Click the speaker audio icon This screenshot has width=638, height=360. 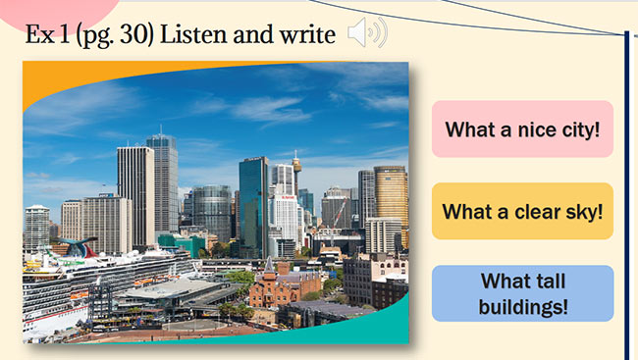tap(366, 35)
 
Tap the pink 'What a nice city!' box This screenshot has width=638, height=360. tap(522, 129)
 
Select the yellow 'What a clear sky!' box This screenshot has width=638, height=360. tap(522, 211)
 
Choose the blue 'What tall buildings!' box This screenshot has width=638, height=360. tap(522, 293)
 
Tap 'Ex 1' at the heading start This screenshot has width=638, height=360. tap(47, 35)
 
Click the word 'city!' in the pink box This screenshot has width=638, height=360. tap(576, 129)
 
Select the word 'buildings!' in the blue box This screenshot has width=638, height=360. tap(523, 305)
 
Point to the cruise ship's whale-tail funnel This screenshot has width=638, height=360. tap(77, 245)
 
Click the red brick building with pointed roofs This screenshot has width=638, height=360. tap(284, 286)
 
